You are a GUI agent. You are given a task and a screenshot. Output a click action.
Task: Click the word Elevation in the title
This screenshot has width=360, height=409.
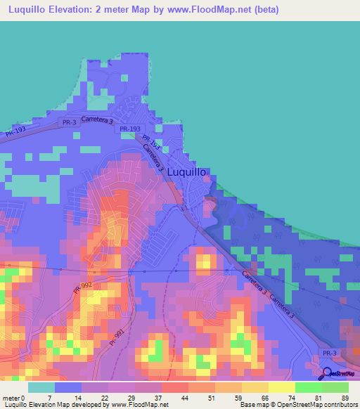click(x=80, y=10)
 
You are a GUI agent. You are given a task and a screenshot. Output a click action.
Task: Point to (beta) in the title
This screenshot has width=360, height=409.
click(x=265, y=10)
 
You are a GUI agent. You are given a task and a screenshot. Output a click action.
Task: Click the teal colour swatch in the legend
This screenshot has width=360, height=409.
click(x=41, y=387)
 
